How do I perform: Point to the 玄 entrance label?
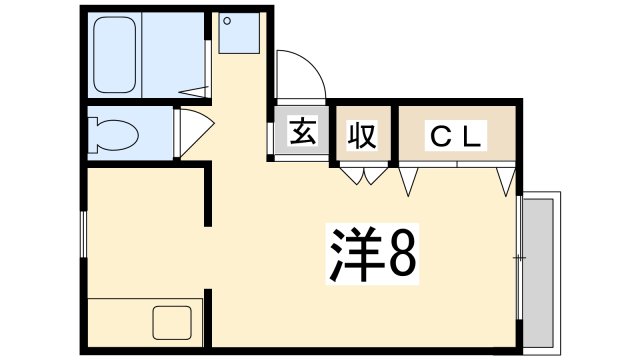302,132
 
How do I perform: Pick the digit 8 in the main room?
402,255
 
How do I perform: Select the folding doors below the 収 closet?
362,177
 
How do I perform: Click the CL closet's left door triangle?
409,181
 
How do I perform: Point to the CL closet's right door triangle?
507,181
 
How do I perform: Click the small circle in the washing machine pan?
227,21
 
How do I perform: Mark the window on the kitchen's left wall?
83,236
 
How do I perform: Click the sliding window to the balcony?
519,260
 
